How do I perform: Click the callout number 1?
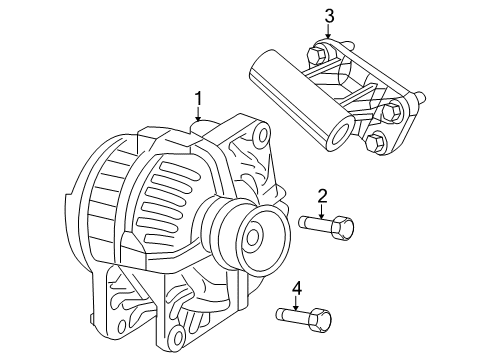tap(199, 98)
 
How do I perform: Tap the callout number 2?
tap(323, 195)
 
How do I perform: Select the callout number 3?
tap(328, 14)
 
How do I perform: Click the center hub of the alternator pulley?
tap(254, 238)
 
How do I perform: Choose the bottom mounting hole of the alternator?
tap(180, 330)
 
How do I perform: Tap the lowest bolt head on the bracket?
tap(378, 144)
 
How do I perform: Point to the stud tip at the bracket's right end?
tap(428, 98)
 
